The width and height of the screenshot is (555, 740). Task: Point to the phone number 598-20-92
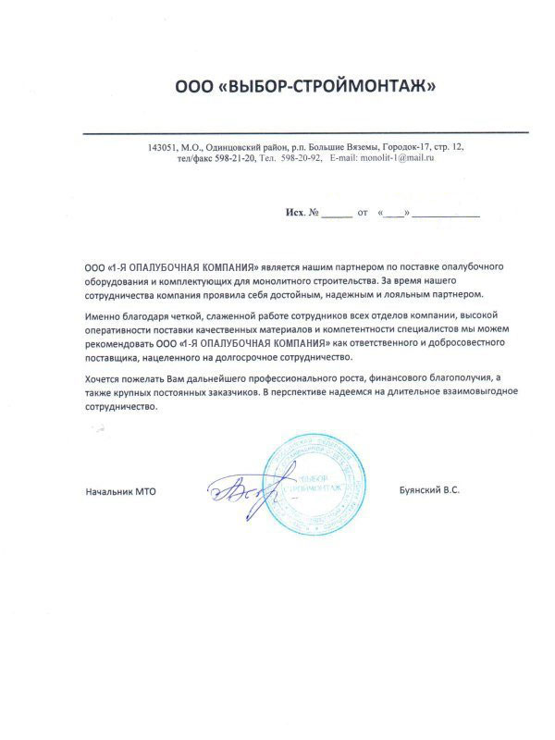[x=300, y=159]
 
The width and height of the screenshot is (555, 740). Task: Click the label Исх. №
[x=302, y=213]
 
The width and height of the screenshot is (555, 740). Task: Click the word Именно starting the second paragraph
[x=101, y=317]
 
